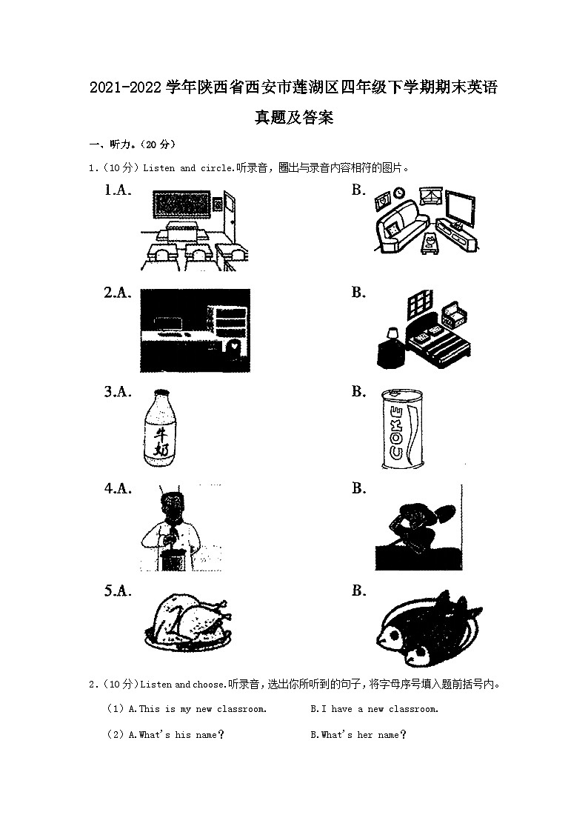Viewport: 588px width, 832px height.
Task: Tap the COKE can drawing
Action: [402, 429]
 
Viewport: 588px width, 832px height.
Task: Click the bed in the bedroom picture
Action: [438, 340]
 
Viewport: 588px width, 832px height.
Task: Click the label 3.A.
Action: [118, 392]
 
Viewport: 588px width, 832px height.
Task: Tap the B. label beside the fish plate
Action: [359, 590]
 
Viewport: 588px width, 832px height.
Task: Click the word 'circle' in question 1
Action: [216, 168]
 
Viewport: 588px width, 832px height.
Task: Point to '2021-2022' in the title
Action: [125, 87]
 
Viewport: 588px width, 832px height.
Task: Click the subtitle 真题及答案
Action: [294, 117]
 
